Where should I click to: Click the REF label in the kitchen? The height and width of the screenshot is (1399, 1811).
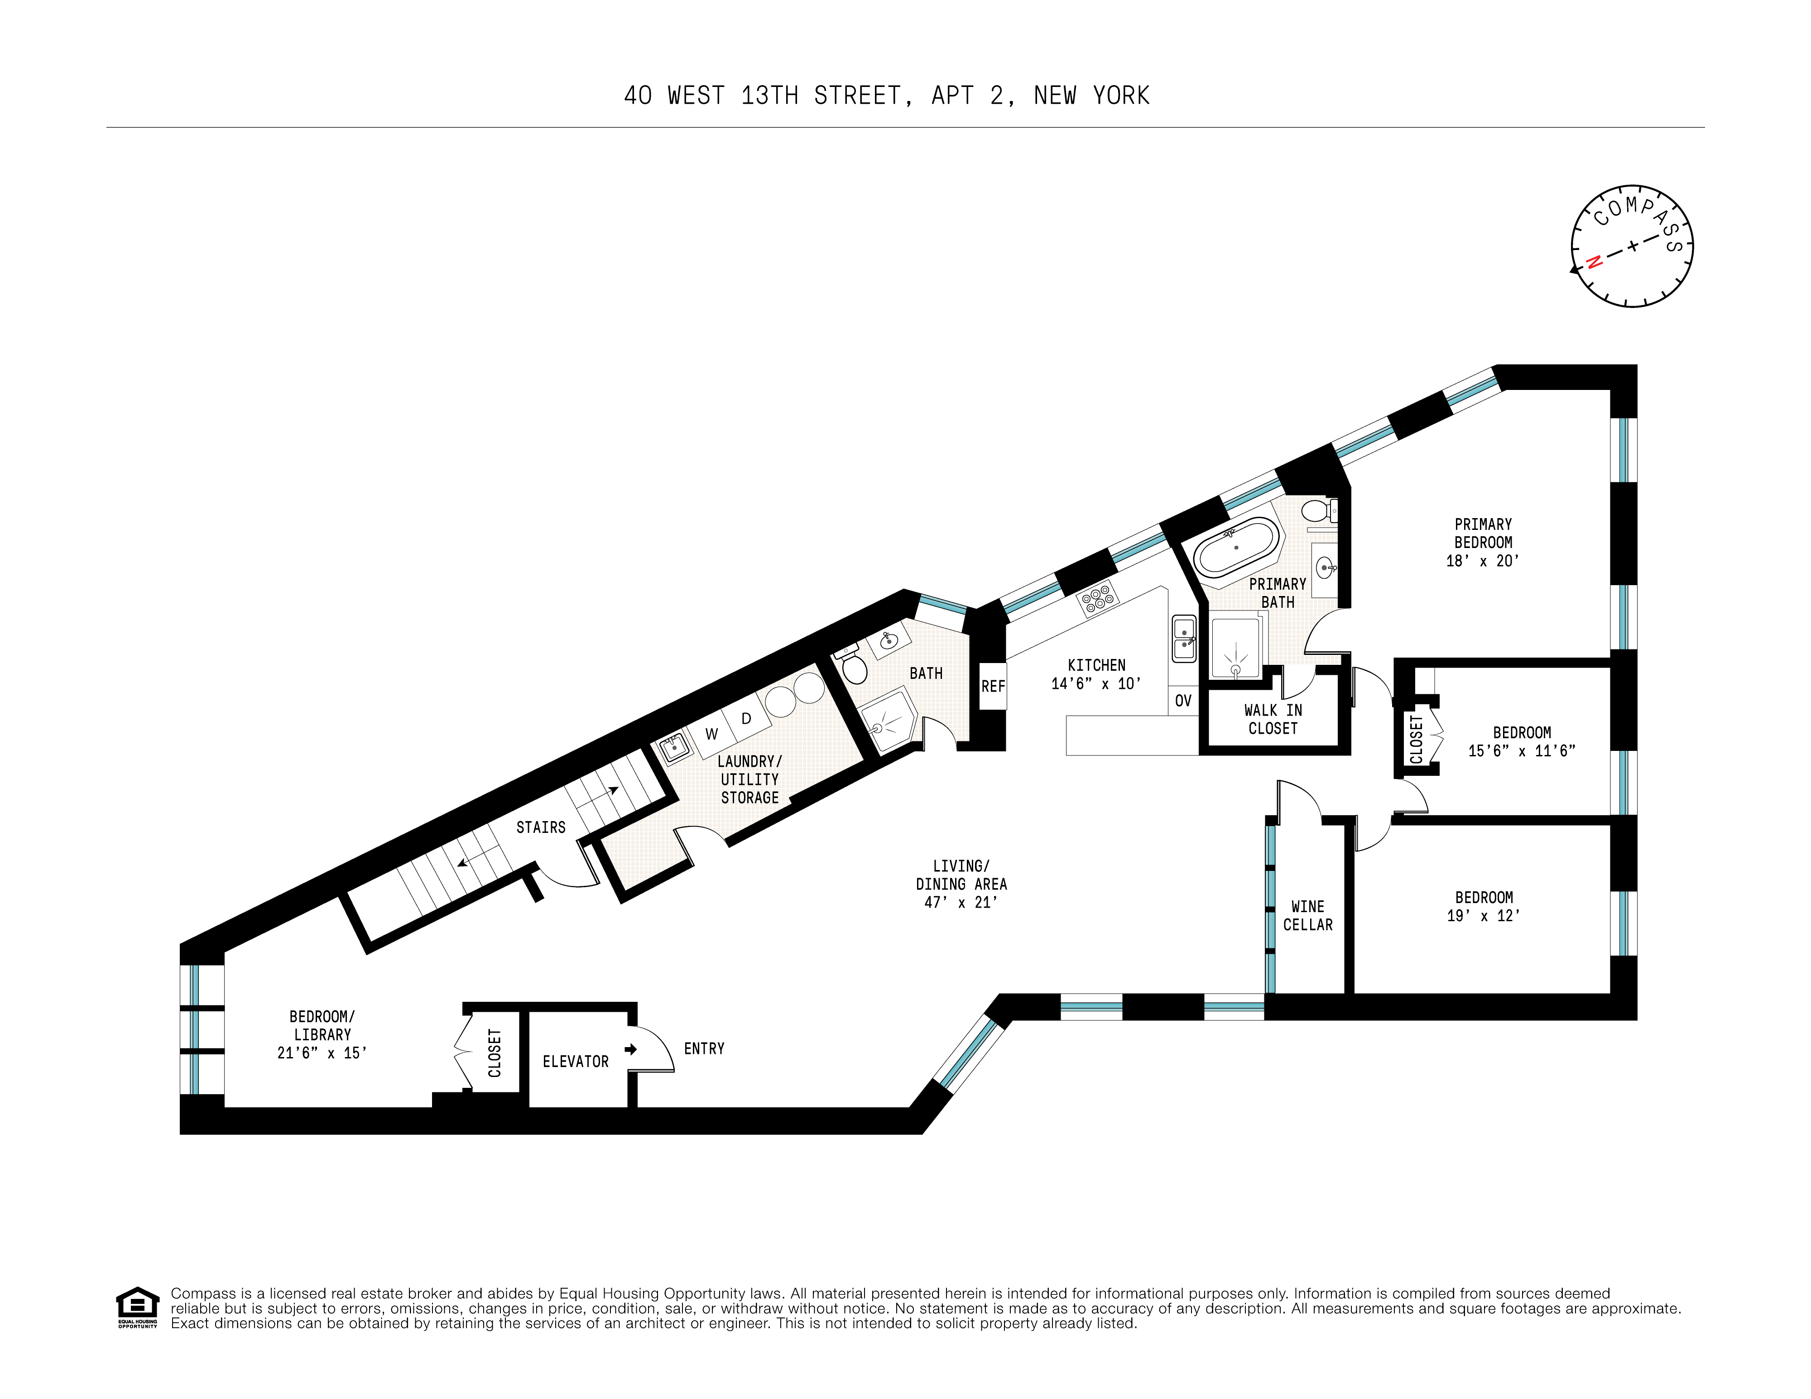(x=993, y=687)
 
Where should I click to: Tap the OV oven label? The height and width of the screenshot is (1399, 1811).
(x=1183, y=701)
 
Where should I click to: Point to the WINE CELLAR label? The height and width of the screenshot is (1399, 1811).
(x=1308, y=915)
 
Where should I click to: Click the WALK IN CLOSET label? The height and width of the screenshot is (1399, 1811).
(x=1273, y=719)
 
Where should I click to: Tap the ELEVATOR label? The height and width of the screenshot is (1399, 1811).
(x=576, y=1062)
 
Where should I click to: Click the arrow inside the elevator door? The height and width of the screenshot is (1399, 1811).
(x=631, y=1050)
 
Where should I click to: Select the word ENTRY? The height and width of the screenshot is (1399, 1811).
(x=704, y=1049)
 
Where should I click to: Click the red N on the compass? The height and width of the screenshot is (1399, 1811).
(x=1593, y=263)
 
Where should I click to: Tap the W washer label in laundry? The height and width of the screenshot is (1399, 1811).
(x=711, y=734)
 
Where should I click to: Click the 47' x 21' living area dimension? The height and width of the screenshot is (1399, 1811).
(x=961, y=902)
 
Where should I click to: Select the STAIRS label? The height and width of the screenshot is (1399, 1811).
(x=541, y=827)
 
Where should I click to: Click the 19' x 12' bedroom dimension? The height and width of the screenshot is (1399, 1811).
(x=1484, y=915)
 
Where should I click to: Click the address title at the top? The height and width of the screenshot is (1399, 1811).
(x=886, y=96)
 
